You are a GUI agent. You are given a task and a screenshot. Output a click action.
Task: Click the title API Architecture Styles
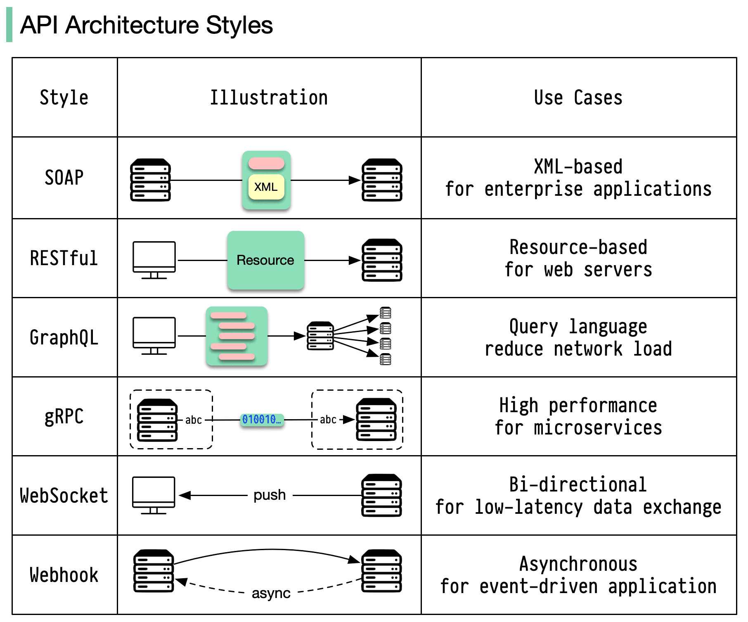(146, 25)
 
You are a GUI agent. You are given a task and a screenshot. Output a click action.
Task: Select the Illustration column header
(269, 98)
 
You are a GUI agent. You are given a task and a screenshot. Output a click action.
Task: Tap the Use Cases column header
(578, 98)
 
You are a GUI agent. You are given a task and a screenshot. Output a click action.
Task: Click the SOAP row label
(64, 178)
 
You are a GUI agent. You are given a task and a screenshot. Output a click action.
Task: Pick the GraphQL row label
(64, 338)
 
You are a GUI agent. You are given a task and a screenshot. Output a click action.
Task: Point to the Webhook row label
(64, 575)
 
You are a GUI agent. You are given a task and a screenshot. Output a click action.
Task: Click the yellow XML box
(266, 187)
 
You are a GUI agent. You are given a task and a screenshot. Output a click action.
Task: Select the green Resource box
(265, 260)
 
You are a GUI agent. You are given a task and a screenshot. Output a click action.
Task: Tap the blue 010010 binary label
(262, 420)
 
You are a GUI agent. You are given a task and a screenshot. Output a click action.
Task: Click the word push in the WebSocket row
(270, 495)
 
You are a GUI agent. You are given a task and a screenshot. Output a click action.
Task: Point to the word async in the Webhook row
(271, 594)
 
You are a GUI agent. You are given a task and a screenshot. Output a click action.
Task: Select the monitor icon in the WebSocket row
(154, 495)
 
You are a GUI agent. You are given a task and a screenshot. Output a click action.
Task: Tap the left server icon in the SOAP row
(150, 180)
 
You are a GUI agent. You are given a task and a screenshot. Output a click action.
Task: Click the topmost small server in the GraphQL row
(385, 313)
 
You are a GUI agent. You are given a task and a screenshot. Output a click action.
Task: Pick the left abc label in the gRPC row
(193, 420)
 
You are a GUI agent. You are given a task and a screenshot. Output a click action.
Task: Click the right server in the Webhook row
(381, 571)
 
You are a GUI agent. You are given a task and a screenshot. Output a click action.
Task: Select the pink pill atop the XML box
(266, 164)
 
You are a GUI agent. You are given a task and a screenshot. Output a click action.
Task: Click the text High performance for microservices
(578, 417)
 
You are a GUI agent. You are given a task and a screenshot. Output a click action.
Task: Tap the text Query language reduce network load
(578, 338)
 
